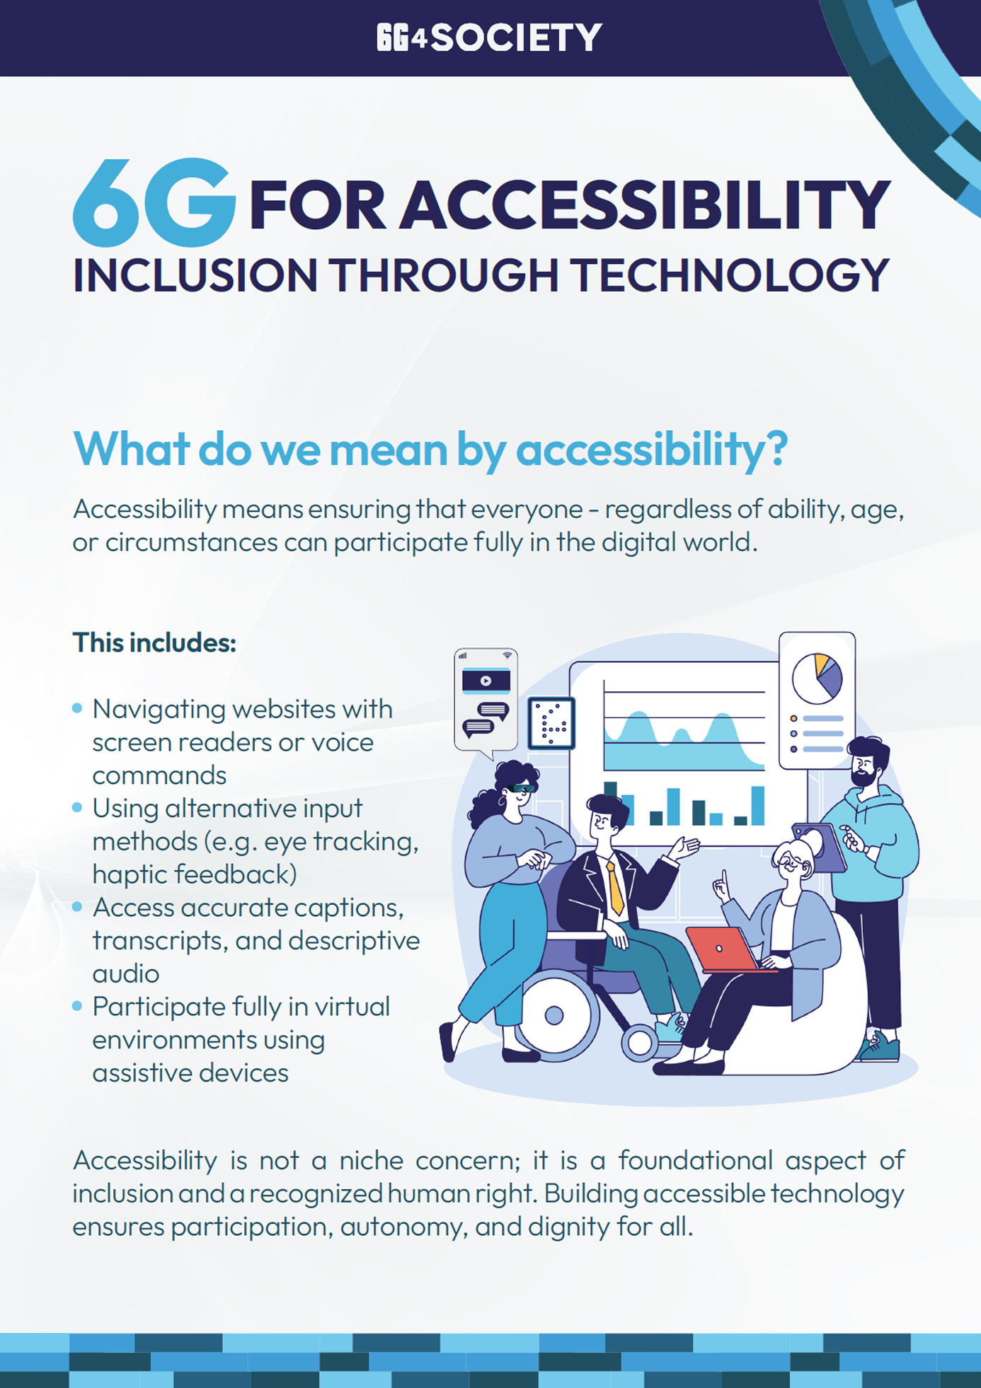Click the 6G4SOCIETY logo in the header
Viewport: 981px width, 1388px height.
pos(489,37)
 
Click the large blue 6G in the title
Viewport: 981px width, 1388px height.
pos(154,204)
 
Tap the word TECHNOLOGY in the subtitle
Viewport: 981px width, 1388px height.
pos(730,275)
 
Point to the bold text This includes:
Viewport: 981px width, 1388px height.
pos(154,643)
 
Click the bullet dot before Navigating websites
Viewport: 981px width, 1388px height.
pos(78,708)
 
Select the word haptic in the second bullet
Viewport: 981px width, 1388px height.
pos(130,874)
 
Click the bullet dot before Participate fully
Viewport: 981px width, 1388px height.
pos(78,1006)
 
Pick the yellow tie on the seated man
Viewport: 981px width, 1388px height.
pos(615,888)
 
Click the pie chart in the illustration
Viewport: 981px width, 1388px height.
pos(817,678)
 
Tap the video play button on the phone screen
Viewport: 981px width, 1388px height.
pos(486,681)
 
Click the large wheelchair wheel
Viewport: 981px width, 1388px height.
pos(555,1015)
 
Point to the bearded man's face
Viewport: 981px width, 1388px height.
pos(864,768)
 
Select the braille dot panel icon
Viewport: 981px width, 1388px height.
pos(551,724)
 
